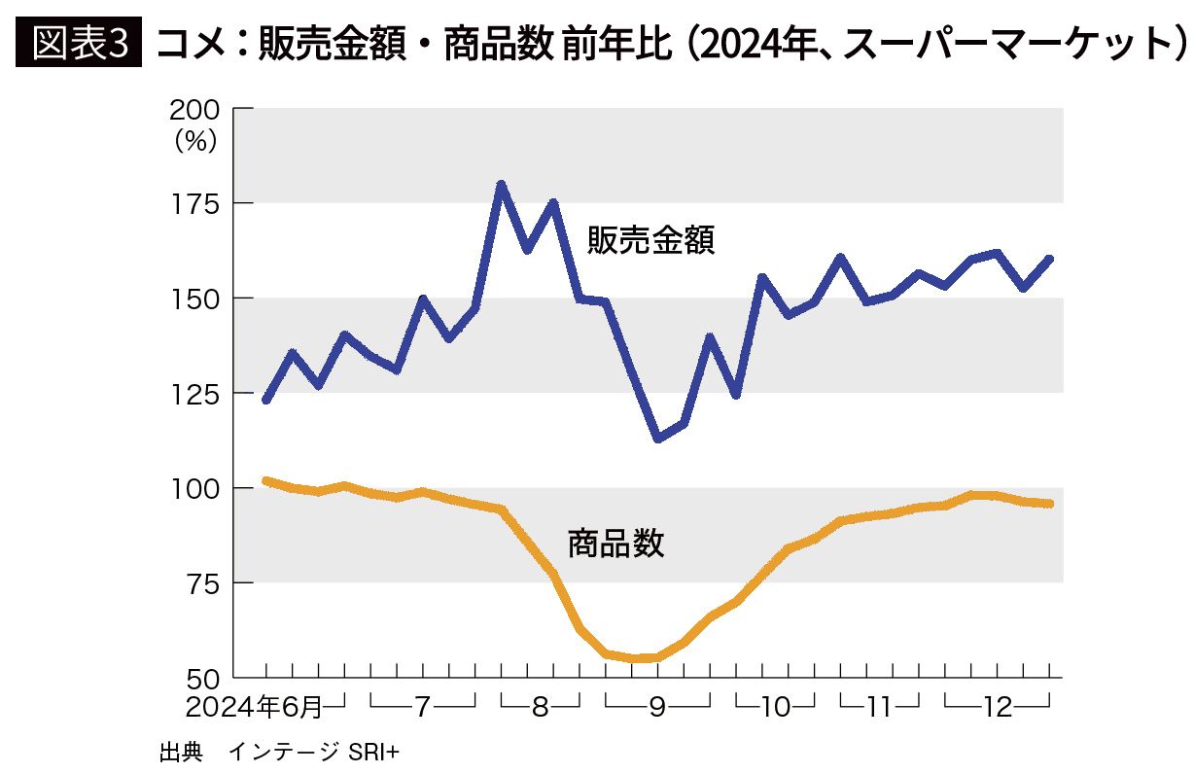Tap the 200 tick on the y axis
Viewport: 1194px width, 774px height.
click(x=200, y=109)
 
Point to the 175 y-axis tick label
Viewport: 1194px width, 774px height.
click(x=200, y=203)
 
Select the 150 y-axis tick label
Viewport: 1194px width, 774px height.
click(x=200, y=298)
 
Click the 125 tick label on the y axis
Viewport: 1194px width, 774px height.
click(x=200, y=393)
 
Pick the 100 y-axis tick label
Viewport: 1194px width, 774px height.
click(x=200, y=487)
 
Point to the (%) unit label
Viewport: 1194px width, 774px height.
click(x=195, y=141)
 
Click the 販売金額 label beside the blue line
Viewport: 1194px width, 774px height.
click(x=650, y=239)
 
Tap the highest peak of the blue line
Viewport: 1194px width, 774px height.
click(x=501, y=184)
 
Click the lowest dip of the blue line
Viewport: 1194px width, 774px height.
click(x=658, y=439)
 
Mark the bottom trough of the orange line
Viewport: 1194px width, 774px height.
click(x=645, y=658)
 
